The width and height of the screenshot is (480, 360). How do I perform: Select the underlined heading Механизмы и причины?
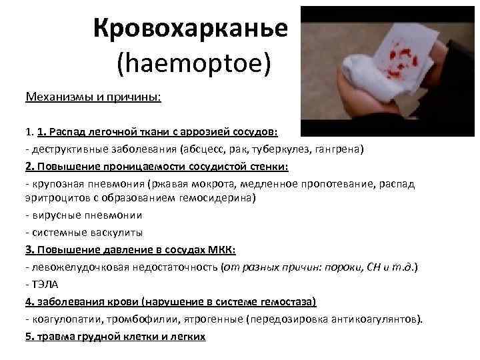pos(93,97)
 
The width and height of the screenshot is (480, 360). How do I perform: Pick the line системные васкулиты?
pos(83,233)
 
